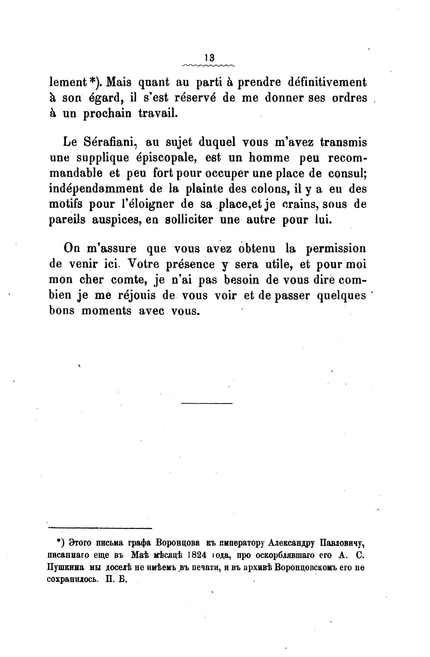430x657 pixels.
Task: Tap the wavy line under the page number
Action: click(x=209, y=66)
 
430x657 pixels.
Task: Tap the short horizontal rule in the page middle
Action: click(x=207, y=404)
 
